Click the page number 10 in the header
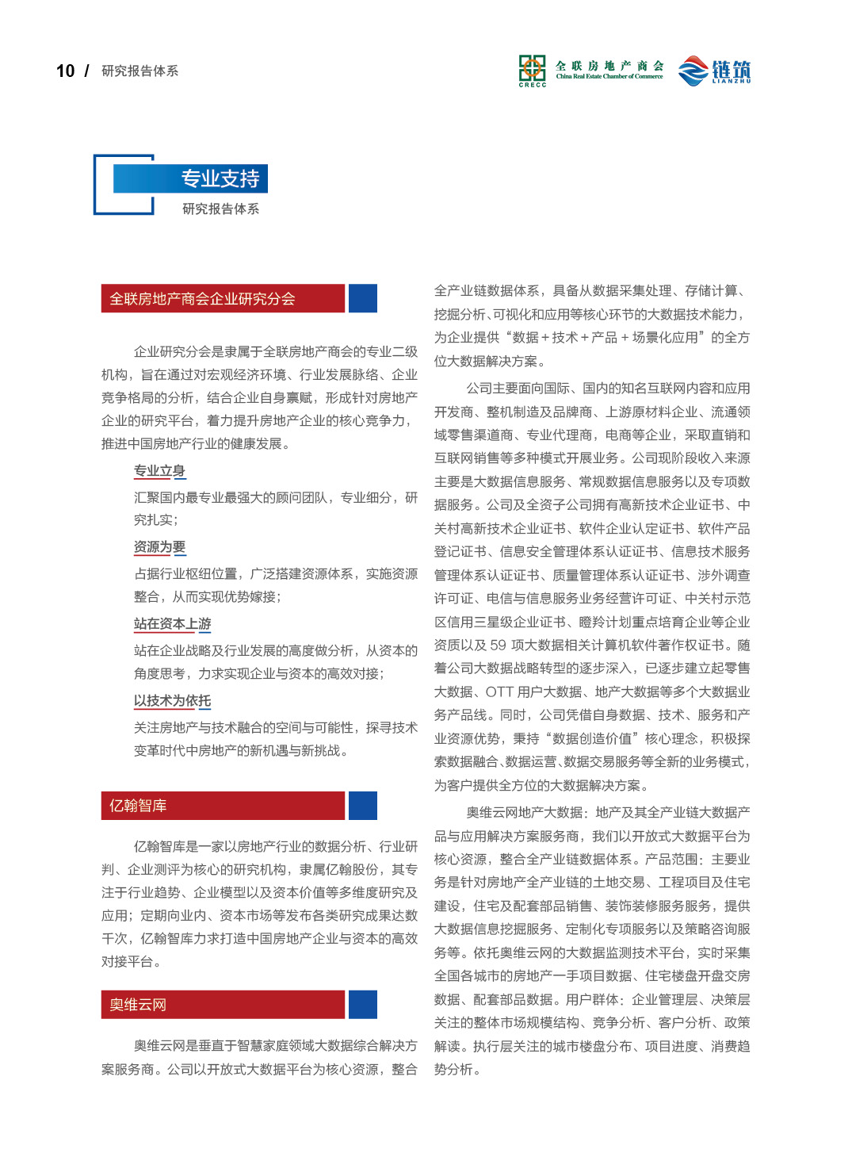coord(65,71)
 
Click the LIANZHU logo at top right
coord(715,71)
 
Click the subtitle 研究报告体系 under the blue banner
coord(220,209)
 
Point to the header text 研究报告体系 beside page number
coord(140,71)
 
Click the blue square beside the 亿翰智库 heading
coord(363,806)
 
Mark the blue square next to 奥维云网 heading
coord(363,1005)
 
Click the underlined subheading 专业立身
coord(159,471)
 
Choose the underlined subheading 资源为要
coord(159,547)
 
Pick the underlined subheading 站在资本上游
coord(172,624)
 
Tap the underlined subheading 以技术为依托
coord(172,701)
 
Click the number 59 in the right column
coord(498,646)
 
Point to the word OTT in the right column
coord(499,692)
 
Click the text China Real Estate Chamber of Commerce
coord(609,77)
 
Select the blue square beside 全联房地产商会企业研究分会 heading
coord(363,299)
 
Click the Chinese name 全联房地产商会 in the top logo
coord(609,66)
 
